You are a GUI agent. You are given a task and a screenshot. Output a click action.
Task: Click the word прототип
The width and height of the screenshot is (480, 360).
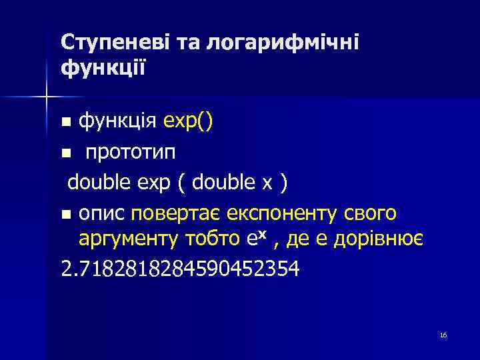click(131, 153)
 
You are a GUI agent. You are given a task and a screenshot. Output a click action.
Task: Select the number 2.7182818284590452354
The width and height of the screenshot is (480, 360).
click(179, 271)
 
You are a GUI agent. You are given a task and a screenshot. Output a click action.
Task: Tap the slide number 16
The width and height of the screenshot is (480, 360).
click(443, 335)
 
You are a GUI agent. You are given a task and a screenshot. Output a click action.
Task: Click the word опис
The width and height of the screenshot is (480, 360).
click(103, 215)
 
